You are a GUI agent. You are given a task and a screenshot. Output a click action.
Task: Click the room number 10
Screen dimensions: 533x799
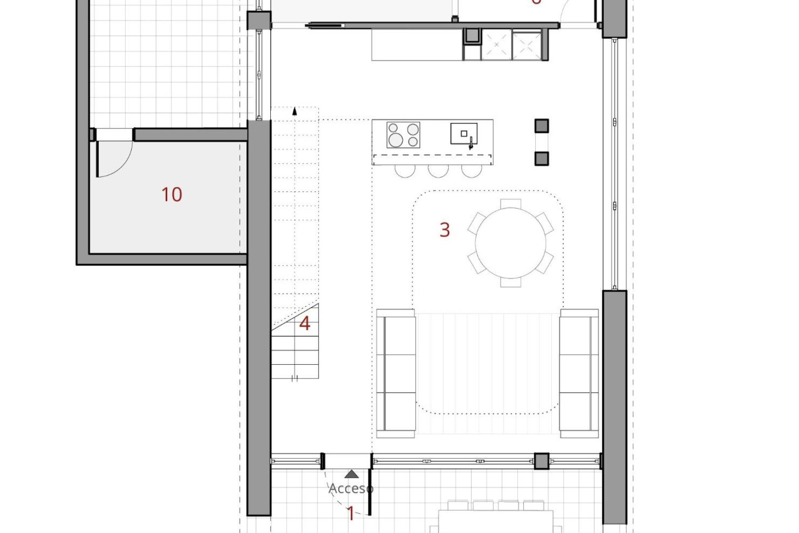point(172,194)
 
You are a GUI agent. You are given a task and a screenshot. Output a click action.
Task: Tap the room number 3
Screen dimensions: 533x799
point(444,229)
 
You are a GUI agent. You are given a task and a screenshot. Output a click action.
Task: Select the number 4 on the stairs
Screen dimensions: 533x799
point(305,324)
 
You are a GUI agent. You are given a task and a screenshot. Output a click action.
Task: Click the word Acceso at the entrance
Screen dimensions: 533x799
point(351,489)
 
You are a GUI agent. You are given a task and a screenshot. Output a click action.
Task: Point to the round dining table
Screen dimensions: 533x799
point(510,243)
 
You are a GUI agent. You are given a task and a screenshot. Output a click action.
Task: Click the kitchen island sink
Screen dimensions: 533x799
point(464,134)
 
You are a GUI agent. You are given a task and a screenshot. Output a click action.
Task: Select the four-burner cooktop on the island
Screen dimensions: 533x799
point(403,135)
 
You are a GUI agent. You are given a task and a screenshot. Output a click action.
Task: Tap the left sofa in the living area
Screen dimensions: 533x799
point(396,373)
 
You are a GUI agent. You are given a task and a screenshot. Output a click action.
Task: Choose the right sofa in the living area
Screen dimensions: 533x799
point(579,373)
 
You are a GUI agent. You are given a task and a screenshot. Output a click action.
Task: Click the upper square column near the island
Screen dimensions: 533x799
point(542,126)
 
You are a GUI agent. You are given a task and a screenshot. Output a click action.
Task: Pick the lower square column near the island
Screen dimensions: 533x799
point(542,158)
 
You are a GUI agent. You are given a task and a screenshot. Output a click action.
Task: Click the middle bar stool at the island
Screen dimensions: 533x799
point(438,171)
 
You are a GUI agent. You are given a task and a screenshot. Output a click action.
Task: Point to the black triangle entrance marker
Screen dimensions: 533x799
point(352,474)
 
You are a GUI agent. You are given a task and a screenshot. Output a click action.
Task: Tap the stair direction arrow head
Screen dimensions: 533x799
point(295,111)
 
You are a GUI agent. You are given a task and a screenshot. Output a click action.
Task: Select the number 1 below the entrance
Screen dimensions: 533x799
point(351,514)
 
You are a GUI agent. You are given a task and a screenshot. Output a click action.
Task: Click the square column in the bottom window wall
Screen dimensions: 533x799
point(542,461)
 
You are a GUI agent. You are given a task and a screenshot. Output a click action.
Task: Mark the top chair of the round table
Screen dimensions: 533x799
point(510,204)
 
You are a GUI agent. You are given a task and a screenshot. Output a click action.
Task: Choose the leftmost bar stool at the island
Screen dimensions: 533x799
point(405,171)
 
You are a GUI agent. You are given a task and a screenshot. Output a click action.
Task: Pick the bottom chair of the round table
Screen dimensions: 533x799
point(510,282)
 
